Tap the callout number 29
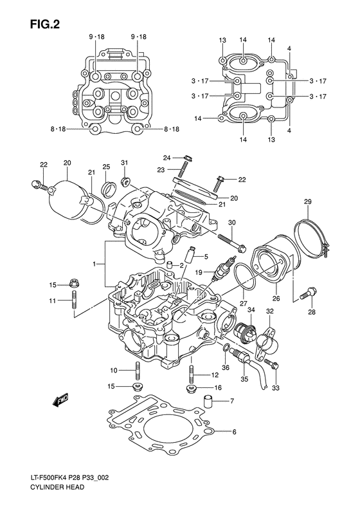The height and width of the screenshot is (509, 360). click(x=307, y=203)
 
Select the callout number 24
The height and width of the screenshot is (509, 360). click(x=166, y=158)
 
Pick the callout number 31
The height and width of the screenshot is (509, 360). click(x=125, y=162)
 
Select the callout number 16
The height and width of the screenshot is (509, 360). click(x=218, y=388)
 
